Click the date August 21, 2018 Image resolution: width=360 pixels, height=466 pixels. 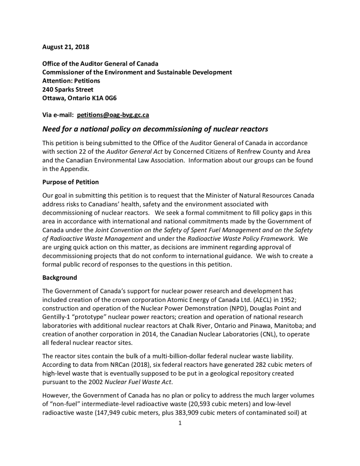click(66, 47)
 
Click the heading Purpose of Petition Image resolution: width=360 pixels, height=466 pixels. click(71, 182)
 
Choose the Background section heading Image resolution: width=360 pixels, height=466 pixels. click(60, 277)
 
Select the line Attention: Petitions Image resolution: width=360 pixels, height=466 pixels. click(71, 81)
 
